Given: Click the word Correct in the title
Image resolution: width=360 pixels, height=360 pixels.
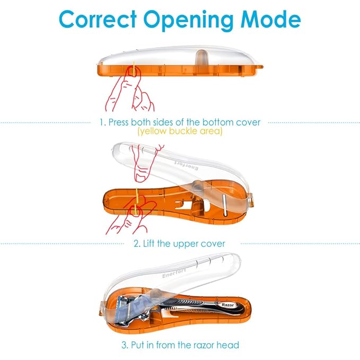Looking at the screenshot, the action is click(98, 19).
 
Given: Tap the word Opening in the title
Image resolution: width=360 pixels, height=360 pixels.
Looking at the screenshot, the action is click(188, 21).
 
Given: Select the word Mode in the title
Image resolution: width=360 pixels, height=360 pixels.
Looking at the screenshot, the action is click(270, 19).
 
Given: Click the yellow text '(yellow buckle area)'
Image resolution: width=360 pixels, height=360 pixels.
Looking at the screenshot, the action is click(180, 131).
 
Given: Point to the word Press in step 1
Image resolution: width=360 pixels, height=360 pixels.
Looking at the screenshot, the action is click(118, 122).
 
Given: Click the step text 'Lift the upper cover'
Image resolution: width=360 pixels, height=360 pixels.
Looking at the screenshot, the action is click(184, 243).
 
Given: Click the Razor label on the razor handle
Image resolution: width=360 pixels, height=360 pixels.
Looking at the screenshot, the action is click(227, 305).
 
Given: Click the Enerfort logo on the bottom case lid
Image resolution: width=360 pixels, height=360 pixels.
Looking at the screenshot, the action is click(174, 273).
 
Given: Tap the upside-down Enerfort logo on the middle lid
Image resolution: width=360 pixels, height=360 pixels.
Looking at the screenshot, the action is click(186, 165).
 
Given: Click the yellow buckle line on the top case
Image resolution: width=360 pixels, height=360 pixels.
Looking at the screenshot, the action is click(134, 68).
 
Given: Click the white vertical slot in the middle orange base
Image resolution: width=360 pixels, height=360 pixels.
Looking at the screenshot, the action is click(225, 205).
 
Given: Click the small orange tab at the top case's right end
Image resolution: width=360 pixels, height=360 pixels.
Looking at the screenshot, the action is click(261, 67).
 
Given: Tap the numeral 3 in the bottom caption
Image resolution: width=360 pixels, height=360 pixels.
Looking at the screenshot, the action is click(124, 345).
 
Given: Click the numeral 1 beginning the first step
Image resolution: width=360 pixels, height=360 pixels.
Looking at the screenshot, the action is click(101, 122).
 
